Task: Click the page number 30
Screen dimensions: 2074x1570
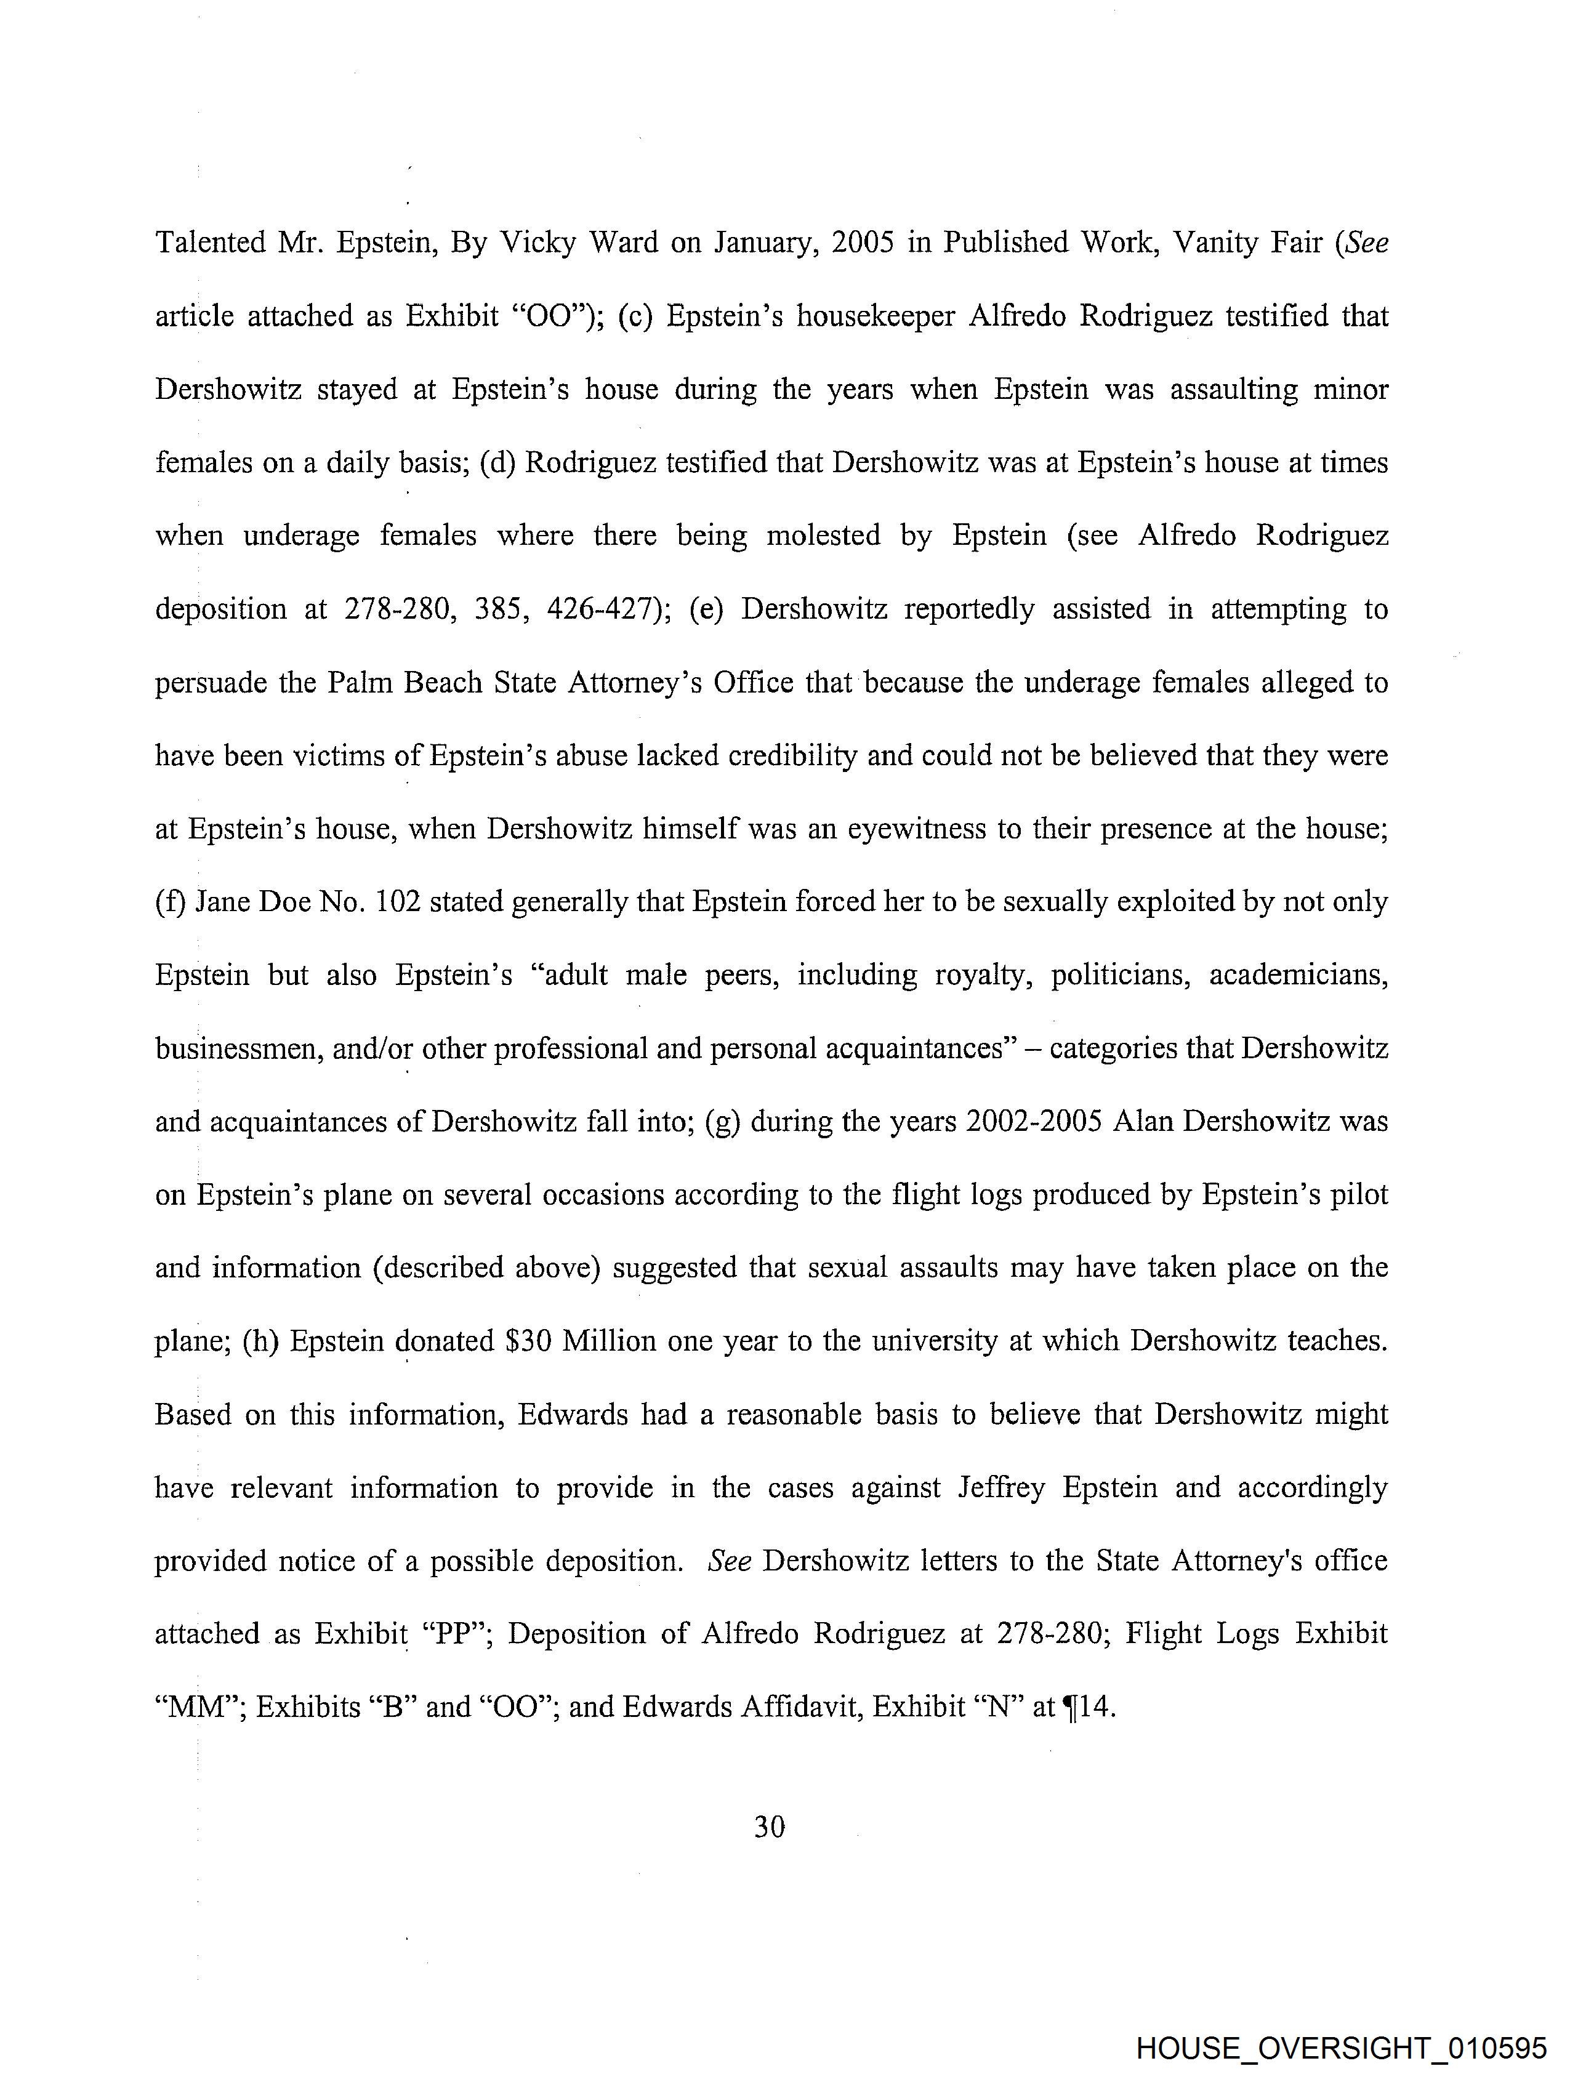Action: click(769, 1827)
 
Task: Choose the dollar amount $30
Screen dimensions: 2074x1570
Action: click(529, 1341)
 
